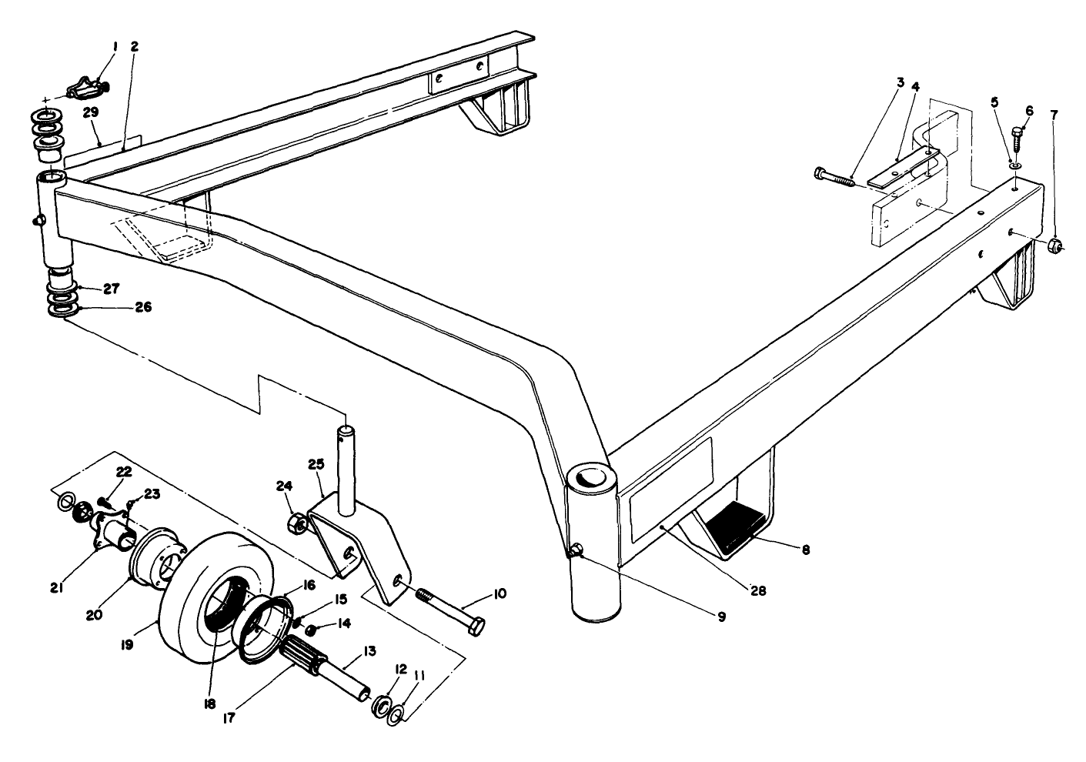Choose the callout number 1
[115, 47]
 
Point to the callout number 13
[369, 650]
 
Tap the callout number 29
[91, 112]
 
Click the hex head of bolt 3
[819, 173]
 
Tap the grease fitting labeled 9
[575, 550]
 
